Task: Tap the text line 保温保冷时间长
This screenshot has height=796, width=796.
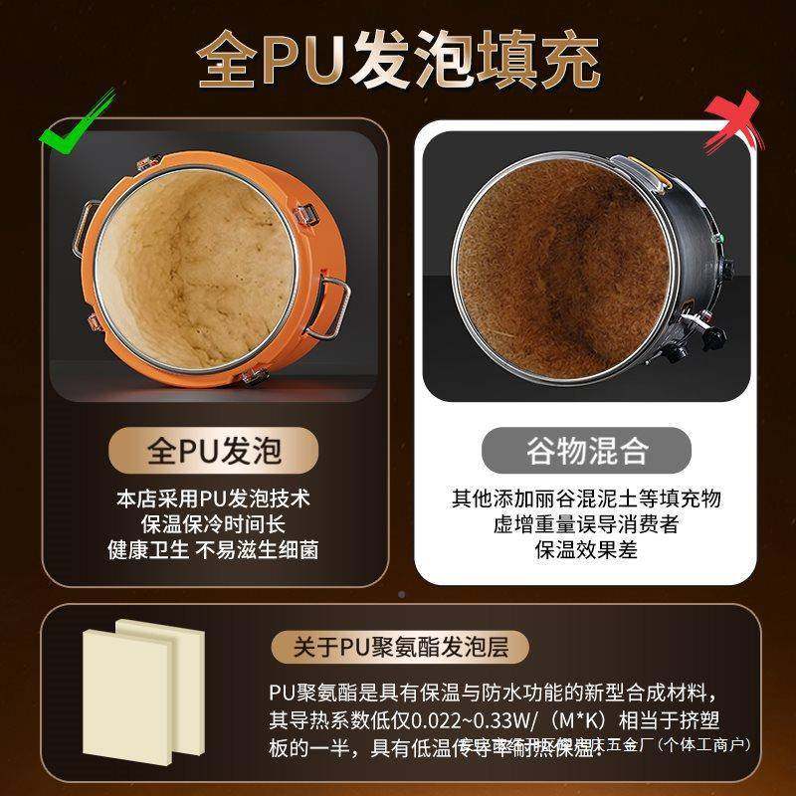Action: pos(213,524)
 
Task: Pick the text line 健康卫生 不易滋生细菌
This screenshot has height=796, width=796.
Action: pos(213,550)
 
